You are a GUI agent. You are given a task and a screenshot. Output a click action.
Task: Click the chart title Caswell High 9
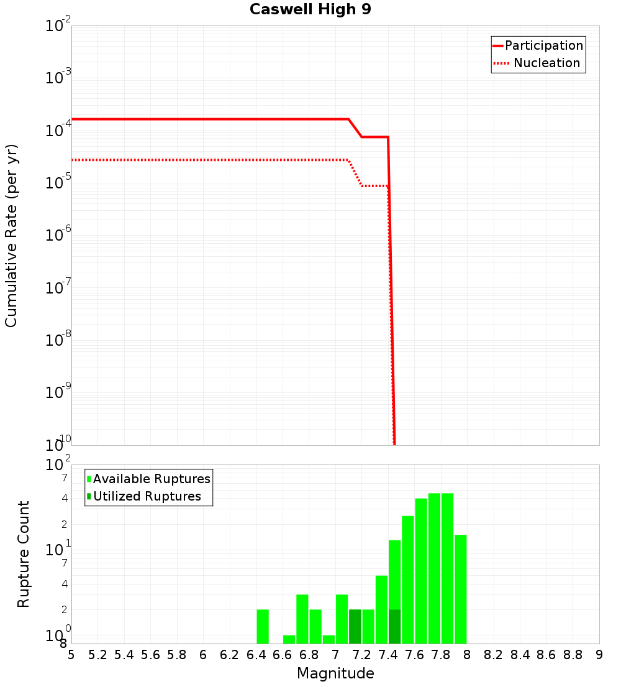tap(310, 10)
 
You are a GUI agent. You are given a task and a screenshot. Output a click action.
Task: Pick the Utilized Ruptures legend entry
tap(147, 496)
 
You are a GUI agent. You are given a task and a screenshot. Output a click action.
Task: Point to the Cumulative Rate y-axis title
tap(11, 235)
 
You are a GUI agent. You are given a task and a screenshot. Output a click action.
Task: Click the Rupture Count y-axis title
tap(24, 553)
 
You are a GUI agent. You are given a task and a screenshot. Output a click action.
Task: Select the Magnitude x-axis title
tap(335, 673)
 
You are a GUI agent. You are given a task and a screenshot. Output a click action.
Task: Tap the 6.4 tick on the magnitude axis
tap(256, 655)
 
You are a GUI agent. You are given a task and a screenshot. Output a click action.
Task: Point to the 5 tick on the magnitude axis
tap(71, 655)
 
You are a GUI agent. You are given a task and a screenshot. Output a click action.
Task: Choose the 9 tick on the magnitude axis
tap(599, 655)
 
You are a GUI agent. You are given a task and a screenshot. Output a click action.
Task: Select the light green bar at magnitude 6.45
tap(263, 626)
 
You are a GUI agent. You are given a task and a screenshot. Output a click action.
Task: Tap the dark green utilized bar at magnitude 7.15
tap(355, 626)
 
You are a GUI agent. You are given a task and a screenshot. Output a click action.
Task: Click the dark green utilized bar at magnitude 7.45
tap(394, 626)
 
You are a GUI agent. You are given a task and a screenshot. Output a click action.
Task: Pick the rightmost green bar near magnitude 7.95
tap(460, 589)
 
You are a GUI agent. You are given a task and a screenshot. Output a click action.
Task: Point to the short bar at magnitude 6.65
tap(289, 639)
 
